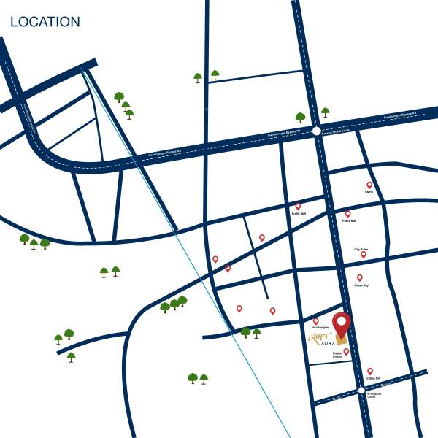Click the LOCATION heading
click(x=45, y=22)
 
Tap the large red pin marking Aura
click(x=341, y=323)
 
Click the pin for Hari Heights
click(x=315, y=320)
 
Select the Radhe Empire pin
click(x=346, y=351)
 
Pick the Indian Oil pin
click(x=370, y=371)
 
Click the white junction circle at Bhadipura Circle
click(x=361, y=391)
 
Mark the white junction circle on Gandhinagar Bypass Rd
click(x=316, y=131)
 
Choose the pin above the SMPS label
click(x=369, y=185)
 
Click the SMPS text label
click(x=369, y=193)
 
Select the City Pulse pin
click(x=363, y=254)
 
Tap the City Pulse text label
click(x=361, y=249)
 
